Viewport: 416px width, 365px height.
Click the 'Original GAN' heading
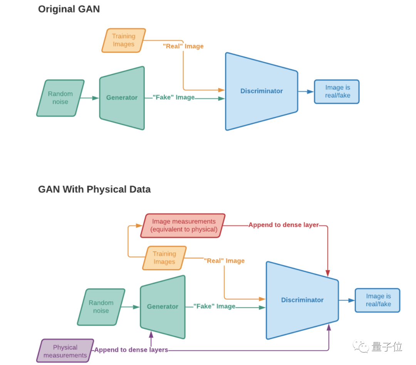coord(69,9)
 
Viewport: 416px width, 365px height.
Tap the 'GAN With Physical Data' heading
coord(94,189)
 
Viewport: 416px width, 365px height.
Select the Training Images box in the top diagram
coord(124,40)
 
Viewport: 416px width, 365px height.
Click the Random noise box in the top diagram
coord(60,98)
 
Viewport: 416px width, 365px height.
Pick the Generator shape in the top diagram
coord(122,98)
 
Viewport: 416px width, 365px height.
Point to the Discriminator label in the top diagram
coord(262,91)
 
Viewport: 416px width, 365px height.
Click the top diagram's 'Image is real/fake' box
coord(337,92)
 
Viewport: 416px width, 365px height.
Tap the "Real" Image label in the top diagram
coord(183,46)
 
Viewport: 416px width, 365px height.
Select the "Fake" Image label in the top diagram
coord(174,97)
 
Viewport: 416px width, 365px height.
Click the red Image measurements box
coord(183,226)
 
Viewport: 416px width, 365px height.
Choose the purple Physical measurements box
coord(65,351)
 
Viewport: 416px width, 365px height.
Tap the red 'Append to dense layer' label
coord(283,225)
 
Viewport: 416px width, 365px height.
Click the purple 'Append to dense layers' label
coord(131,350)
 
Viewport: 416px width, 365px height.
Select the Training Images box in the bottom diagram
coord(164,258)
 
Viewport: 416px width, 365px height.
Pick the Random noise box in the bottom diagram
coord(101,307)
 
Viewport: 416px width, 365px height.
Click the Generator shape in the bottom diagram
coord(163,307)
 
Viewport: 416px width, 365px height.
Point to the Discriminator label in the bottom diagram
coord(302,300)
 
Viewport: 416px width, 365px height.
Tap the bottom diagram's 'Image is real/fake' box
coord(377,300)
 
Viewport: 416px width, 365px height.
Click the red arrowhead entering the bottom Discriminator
coord(328,273)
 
